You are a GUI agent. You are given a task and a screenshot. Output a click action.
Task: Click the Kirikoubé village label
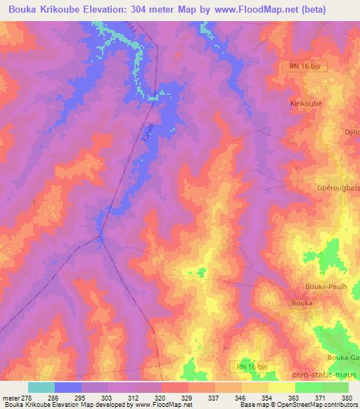(306, 103)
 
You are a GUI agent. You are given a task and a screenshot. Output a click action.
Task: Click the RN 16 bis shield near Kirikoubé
(304, 65)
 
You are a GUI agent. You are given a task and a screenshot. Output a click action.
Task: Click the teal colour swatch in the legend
(41, 387)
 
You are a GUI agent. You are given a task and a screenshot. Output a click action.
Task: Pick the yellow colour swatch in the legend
(281, 387)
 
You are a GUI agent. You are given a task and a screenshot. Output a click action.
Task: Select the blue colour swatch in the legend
(68, 387)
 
